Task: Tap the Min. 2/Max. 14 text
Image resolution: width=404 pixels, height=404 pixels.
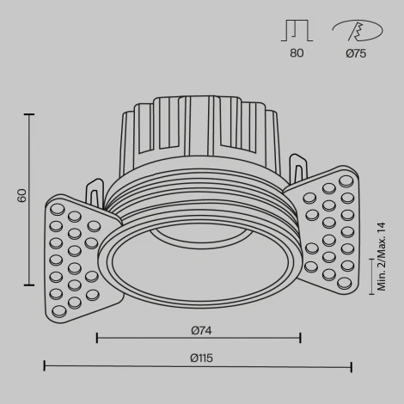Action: tap(382, 256)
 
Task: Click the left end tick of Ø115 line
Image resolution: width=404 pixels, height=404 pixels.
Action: tap(44, 367)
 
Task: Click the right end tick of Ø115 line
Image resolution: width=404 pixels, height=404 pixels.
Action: tap(352, 367)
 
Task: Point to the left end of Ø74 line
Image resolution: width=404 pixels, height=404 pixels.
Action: tap(96, 338)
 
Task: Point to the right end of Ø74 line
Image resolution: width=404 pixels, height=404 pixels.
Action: tap(300, 338)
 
